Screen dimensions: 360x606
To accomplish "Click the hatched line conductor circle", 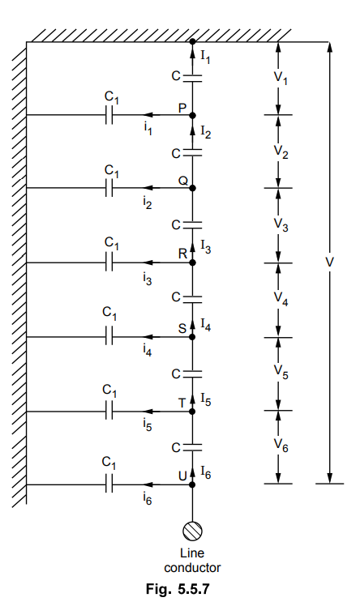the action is (x=192, y=531).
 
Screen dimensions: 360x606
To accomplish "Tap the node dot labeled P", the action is (x=192, y=115).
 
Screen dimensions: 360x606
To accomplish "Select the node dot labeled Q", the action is (x=192, y=188).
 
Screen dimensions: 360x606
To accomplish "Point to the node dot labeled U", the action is (x=192, y=484).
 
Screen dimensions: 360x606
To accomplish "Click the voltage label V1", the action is (x=281, y=79).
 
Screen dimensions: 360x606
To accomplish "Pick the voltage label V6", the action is (x=281, y=446).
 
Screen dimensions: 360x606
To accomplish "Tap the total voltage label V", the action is (x=329, y=262).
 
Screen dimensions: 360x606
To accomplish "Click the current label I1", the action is (x=205, y=58).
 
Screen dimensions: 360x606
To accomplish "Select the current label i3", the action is (x=148, y=279).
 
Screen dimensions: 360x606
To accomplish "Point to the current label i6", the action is (x=148, y=499).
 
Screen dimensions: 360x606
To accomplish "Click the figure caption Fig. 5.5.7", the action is (x=178, y=589).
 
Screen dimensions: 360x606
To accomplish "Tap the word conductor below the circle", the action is (x=192, y=568).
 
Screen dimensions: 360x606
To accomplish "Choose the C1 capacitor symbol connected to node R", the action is (x=109, y=262).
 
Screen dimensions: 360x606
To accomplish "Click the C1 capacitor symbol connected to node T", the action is (x=109, y=412).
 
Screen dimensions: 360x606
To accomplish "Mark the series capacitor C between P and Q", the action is (x=192, y=153).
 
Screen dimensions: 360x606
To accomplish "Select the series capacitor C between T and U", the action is (x=192, y=447).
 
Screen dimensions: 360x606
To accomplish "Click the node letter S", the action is (x=182, y=328).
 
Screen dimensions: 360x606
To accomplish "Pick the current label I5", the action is (x=206, y=400).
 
